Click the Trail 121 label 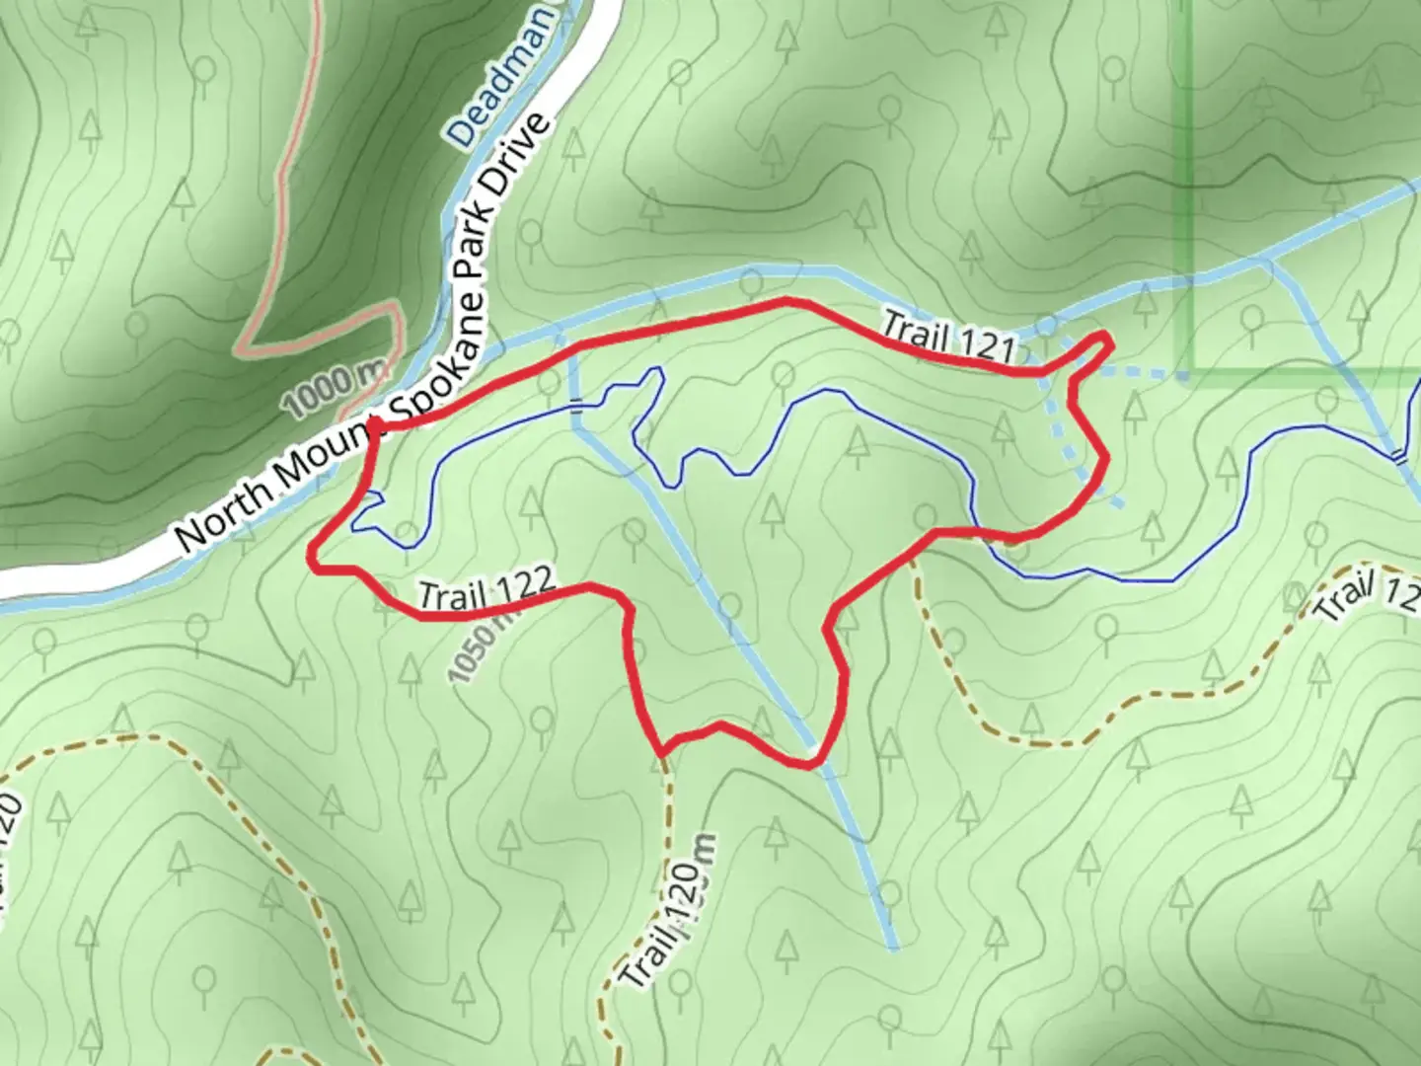(x=949, y=337)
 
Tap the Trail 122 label (x=486, y=589)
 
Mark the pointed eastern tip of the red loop (x=1111, y=342)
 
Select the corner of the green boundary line (x=1192, y=373)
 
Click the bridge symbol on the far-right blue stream (x=1397, y=455)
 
